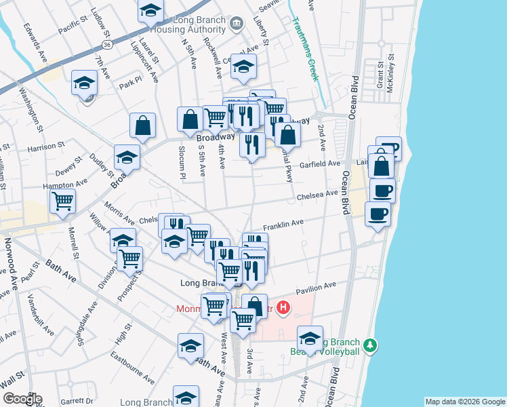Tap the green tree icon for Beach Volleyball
click(x=369, y=346)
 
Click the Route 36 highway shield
click(x=108, y=44)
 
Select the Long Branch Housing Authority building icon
click(x=237, y=24)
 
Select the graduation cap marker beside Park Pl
click(x=85, y=83)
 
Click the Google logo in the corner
click(x=22, y=399)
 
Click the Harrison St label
click(x=45, y=146)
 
